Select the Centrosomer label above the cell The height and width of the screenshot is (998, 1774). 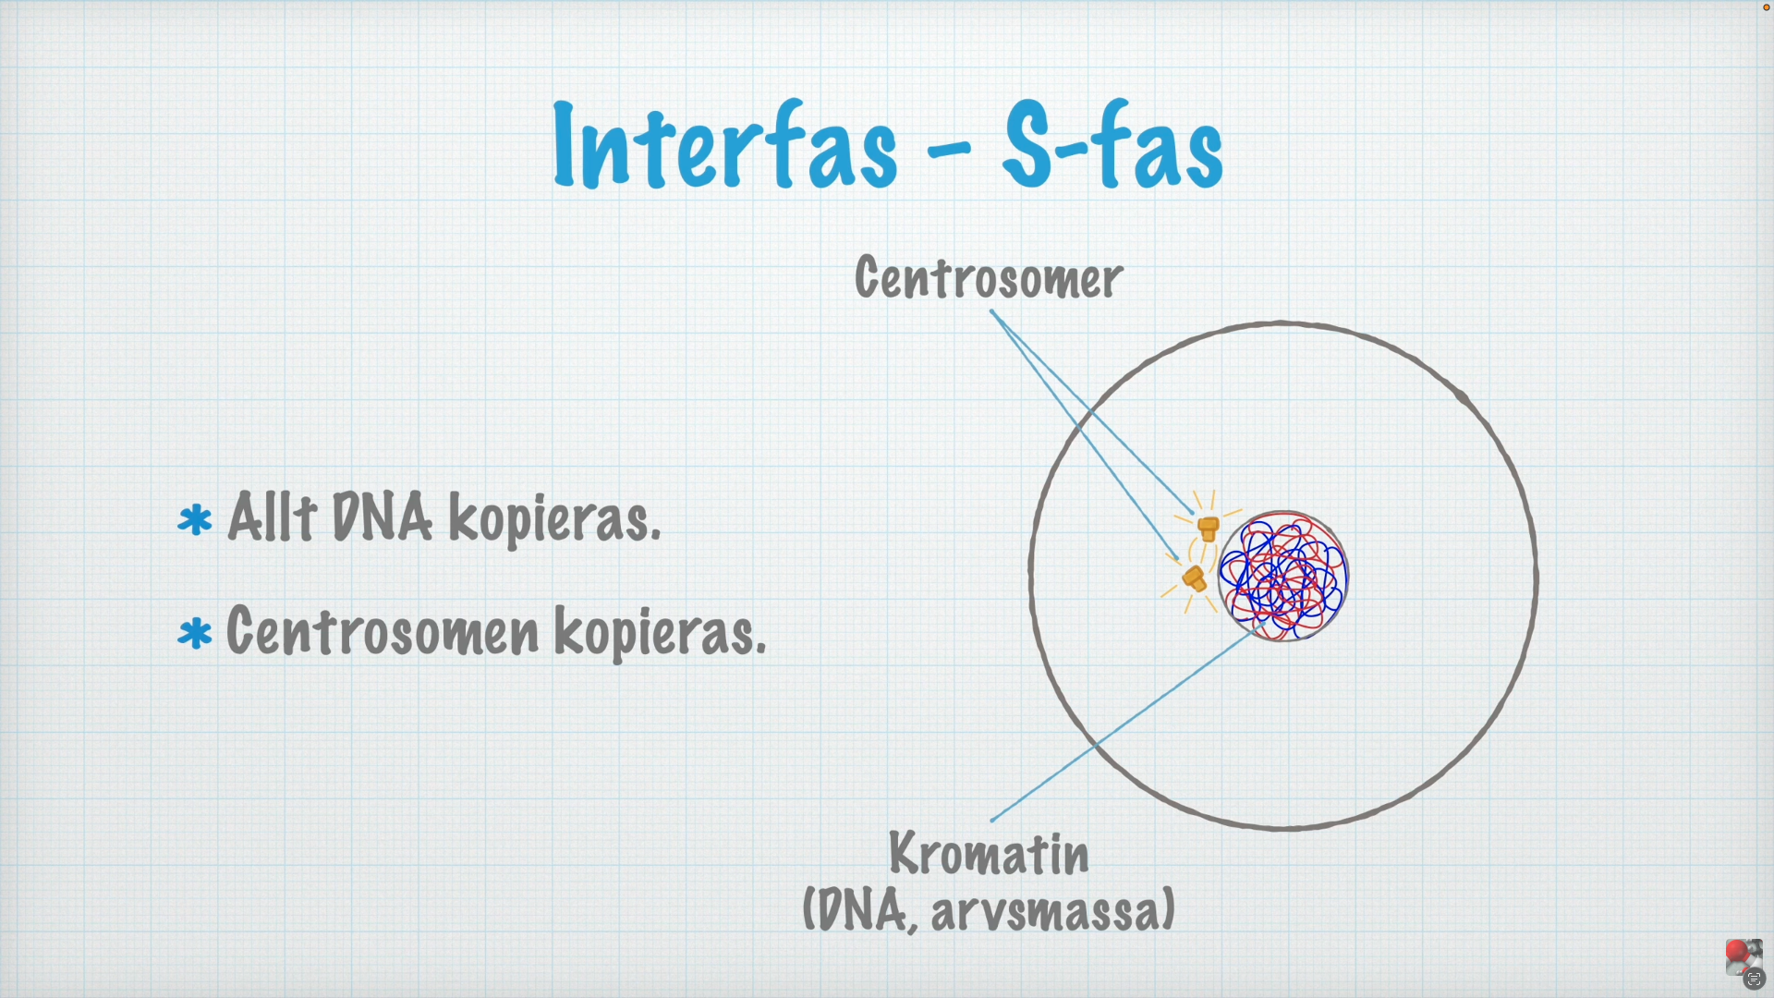point(989,277)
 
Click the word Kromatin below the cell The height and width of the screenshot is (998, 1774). point(989,854)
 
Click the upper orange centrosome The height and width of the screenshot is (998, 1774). point(1208,529)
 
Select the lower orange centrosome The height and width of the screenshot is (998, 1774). point(1194,579)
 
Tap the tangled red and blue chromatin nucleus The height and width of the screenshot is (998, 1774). point(1282,577)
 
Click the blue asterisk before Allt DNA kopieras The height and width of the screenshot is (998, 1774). point(195,520)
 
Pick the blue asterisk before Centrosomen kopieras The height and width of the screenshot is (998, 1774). point(195,635)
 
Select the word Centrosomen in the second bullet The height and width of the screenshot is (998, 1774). point(383,632)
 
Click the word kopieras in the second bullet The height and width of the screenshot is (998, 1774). point(660,634)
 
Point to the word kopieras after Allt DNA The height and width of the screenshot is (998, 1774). point(554,519)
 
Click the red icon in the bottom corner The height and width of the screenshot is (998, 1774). point(1737,952)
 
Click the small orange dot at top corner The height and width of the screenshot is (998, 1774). point(1767,7)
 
